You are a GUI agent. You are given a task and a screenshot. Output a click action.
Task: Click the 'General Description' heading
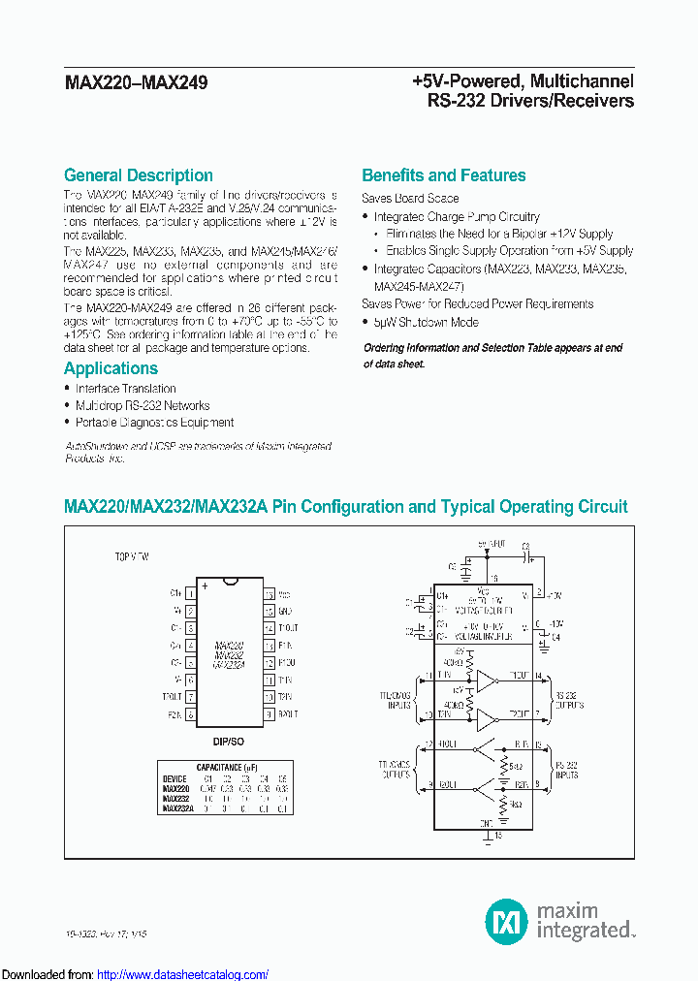click(x=138, y=175)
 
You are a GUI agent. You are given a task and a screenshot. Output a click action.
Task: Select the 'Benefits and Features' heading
click(x=443, y=175)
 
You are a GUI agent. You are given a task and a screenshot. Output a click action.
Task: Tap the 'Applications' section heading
click(x=111, y=368)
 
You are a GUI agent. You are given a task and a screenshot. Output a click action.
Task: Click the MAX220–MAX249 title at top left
click(x=135, y=83)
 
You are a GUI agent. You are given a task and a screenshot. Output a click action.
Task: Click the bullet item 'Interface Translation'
click(x=125, y=389)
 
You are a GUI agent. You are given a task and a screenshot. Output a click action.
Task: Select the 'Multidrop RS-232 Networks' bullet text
click(x=143, y=405)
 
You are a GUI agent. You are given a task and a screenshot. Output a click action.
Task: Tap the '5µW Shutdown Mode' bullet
click(x=426, y=322)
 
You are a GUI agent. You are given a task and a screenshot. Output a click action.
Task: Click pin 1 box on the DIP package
click(x=191, y=592)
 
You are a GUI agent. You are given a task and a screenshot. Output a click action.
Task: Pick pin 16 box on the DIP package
click(x=269, y=592)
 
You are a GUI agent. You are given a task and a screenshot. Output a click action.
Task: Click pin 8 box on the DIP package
click(x=191, y=714)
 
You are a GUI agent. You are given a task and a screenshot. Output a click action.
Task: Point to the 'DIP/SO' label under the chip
click(x=229, y=740)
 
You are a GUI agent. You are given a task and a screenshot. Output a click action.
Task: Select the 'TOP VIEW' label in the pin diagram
click(x=132, y=559)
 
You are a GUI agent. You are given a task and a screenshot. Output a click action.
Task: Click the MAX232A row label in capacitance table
click(x=178, y=807)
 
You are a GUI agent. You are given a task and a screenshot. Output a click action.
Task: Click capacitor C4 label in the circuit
click(x=555, y=638)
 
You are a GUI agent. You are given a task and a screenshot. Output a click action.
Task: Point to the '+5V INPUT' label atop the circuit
click(x=492, y=545)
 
